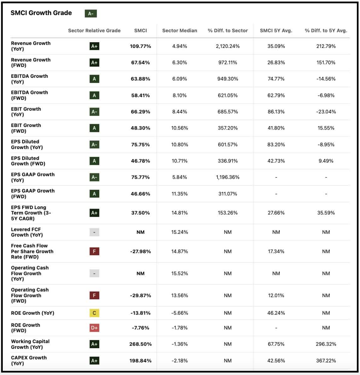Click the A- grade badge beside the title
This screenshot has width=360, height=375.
tap(90, 14)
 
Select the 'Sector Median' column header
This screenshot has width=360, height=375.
tap(179, 31)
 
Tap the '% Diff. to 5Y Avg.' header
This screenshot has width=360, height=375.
tap(326, 31)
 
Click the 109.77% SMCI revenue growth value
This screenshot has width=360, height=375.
tap(140, 46)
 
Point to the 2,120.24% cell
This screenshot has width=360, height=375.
tap(228, 46)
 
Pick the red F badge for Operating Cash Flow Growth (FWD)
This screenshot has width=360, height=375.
tap(94, 296)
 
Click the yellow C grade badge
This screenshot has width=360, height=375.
tap(94, 313)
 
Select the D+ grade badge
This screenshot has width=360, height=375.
tap(94, 328)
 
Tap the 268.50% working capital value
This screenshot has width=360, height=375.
tap(140, 344)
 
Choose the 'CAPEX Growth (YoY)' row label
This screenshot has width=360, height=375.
tap(29, 361)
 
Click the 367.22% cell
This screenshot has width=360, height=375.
tap(326, 361)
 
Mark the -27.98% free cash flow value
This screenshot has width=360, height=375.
tap(140, 251)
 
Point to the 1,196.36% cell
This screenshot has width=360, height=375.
tap(228, 177)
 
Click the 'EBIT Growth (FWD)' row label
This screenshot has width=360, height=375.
tap(26, 128)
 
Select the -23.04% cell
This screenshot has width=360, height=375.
tap(326, 112)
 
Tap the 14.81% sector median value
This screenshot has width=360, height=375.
tap(179, 213)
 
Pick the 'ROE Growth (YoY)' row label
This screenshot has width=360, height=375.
tap(32, 313)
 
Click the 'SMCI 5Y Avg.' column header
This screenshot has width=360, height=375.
tap(276, 31)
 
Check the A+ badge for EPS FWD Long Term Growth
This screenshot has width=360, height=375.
tap(94, 213)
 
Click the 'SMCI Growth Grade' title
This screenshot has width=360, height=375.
tap(41, 13)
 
